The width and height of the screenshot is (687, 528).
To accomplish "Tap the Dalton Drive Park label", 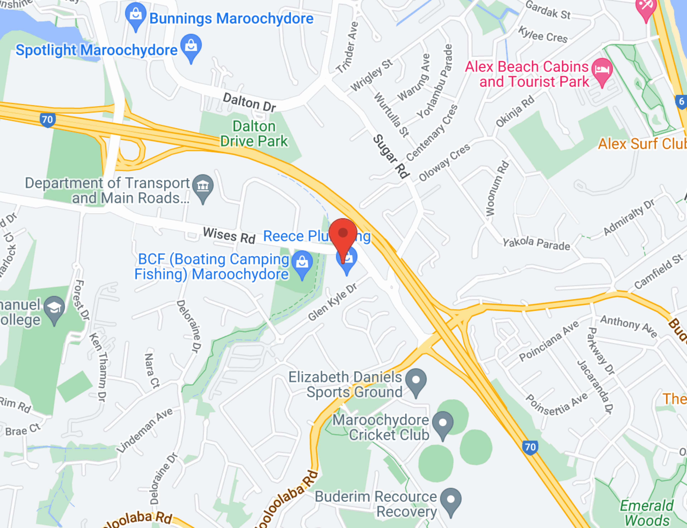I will [254, 134].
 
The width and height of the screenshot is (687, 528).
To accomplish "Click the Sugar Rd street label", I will [391, 156].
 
